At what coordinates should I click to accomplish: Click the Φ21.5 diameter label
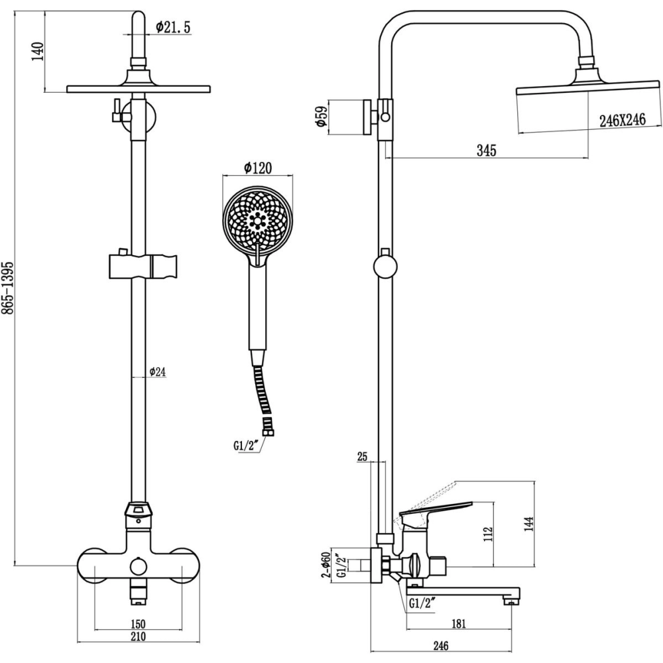[x=174, y=27]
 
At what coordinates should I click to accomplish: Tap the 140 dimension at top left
[x=38, y=50]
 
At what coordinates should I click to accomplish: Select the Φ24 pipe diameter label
[x=157, y=372]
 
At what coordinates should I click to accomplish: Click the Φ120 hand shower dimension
[x=258, y=168]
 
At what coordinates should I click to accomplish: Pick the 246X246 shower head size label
[x=622, y=119]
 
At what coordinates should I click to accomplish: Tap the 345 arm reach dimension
[x=487, y=151]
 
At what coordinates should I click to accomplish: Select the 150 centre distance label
[x=138, y=624]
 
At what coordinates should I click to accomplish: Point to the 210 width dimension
[x=138, y=637]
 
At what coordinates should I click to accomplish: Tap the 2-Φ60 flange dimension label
[x=326, y=566]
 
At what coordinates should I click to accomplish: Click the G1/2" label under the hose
[x=246, y=446]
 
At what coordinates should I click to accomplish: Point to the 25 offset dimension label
[x=362, y=457]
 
